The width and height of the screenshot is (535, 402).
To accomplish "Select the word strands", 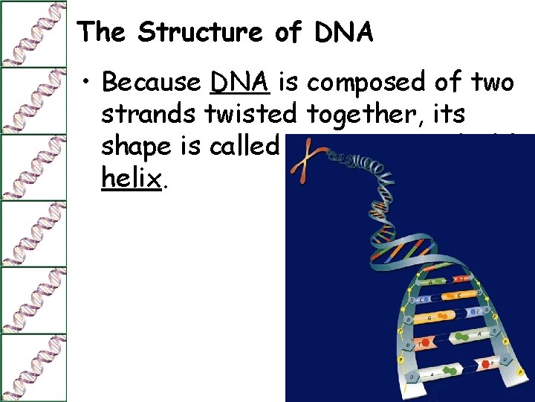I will [x=148, y=115].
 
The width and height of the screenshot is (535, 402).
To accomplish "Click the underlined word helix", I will [x=131, y=179].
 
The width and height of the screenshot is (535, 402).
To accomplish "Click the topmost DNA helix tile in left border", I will [x=33, y=33].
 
